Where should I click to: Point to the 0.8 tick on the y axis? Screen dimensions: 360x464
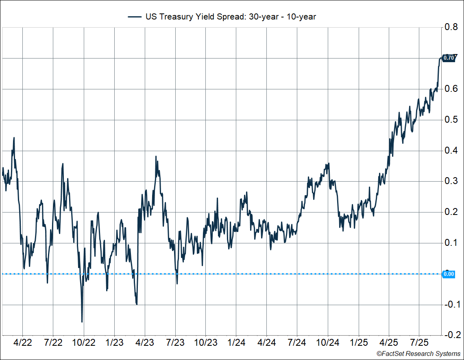451,27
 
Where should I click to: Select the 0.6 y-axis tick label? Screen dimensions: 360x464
451,89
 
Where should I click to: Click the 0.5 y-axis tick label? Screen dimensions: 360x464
451,120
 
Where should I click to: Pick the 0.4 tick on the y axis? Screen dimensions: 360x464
451,151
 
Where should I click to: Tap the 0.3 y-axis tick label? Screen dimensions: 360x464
451,181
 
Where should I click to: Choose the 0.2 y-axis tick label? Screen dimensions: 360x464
451,212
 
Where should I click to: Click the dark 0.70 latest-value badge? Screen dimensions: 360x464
449,58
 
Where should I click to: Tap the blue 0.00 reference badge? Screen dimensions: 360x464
448,274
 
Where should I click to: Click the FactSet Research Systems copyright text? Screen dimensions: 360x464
418,354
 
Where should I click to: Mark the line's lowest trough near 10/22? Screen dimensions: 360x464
82,322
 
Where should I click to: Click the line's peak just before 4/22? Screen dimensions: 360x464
14,137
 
